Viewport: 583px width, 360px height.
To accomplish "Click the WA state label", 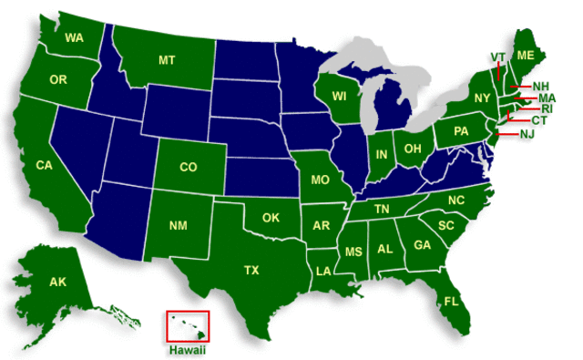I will (x=75, y=38).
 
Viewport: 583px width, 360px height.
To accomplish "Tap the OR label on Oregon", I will (x=58, y=80).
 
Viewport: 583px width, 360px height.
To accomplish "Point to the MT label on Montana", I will (x=167, y=60).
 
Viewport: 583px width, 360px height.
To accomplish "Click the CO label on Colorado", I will (x=189, y=167).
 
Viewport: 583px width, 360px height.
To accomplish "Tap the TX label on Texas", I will (x=251, y=270).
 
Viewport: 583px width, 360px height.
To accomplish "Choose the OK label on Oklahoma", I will (x=270, y=218).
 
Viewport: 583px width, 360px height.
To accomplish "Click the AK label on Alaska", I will (x=56, y=283).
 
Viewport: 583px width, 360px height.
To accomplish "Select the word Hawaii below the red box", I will (x=188, y=349).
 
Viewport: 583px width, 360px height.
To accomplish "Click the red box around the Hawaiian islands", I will (x=188, y=326).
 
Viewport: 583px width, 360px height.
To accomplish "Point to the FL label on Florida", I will (x=451, y=301).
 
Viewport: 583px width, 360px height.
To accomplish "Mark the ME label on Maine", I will (x=526, y=56).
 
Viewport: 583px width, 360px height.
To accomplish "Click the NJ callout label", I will (x=527, y=135).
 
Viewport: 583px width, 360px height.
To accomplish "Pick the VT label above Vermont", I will (x=497, y=57).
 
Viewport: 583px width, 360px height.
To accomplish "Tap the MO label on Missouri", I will (x=320, y=180).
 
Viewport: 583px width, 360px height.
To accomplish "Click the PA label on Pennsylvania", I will (x=461, y=133).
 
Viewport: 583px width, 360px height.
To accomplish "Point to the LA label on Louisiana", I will (x=323, y=271).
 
